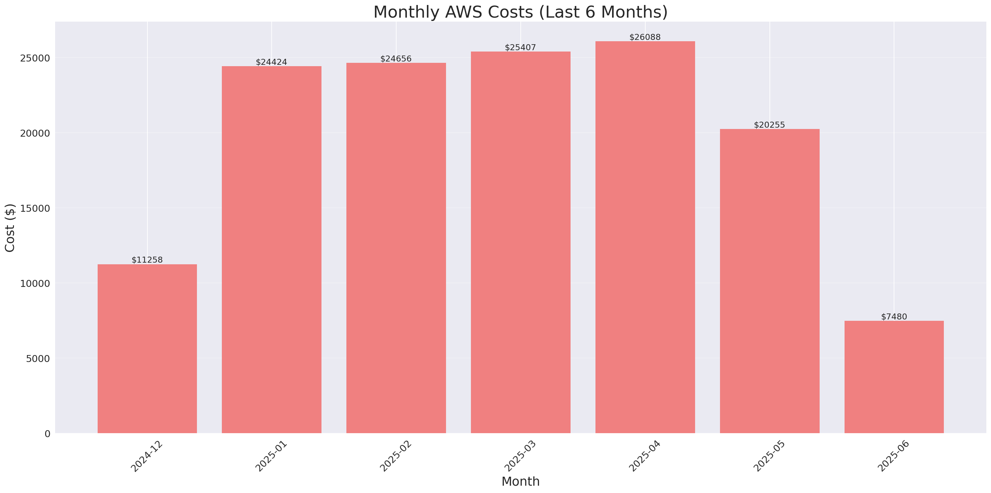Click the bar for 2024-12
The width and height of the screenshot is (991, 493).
point(147,349)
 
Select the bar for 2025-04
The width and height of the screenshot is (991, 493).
point(645,237)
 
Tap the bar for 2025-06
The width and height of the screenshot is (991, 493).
point(894,377)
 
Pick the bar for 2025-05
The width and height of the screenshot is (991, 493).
point(769,281)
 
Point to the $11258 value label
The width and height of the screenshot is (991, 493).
point(147,260)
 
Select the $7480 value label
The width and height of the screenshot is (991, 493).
point(894,316)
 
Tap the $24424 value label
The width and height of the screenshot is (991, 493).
point(271,62)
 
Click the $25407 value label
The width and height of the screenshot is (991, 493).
point(520,48)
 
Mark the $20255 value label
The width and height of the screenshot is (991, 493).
point(769,125)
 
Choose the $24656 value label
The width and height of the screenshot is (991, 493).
point(396,59)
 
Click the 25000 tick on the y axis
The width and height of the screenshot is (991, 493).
point(36,58)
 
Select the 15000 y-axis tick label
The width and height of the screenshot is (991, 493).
point(36,208)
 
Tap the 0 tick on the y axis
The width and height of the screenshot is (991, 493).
point(47,434)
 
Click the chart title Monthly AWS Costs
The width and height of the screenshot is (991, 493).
point(520,12)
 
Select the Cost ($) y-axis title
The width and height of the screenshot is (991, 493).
point(10,228)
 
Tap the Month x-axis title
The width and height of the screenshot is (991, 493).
point(520,481)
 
